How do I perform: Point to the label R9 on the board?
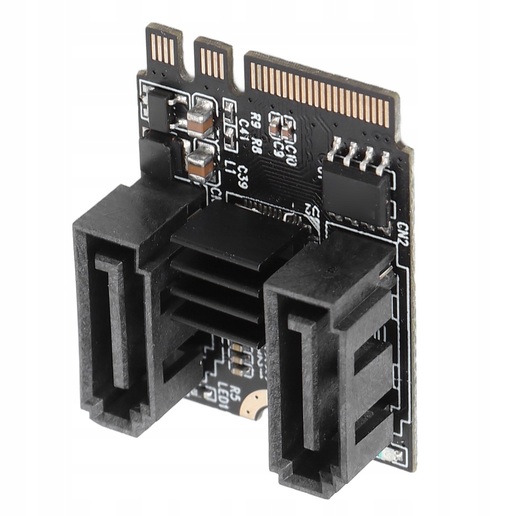[256, 122]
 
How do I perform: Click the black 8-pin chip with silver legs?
[356, 187]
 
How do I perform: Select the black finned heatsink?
[227, 272]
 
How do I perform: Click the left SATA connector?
[126, 312]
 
